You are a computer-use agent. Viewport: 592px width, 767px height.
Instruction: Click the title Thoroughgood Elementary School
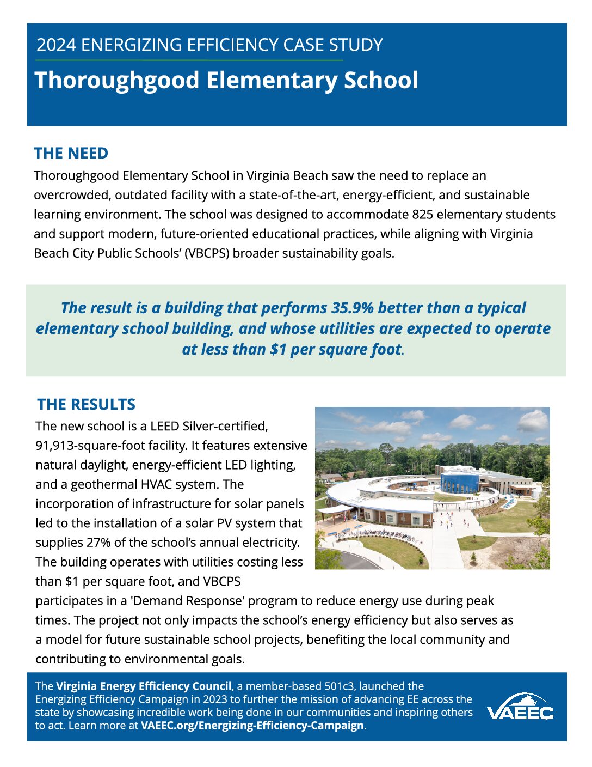pyautogui.click(x=226, y=81)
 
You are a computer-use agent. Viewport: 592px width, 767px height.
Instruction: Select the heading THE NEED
pyautogui.click(x=71, y=153)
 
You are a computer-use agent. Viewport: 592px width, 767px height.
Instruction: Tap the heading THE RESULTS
pyautogui.click(x=86, y=404)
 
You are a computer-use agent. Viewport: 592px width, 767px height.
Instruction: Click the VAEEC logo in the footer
pyautogui.click(x=520, y=708)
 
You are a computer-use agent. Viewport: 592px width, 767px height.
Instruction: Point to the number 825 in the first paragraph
pyautogui.click(x=422, y=214)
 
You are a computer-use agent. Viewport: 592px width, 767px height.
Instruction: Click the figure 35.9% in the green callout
pyautogui.click(x=353, y=308)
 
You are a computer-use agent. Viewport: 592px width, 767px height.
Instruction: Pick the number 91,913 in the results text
pyautogui.click(x=55, y=446)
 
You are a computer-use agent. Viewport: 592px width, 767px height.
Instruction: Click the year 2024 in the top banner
pyautogui.click(x=57, y=45)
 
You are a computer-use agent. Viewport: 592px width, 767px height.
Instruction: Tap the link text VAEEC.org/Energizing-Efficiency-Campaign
pyautogui.click(x=252, y=726)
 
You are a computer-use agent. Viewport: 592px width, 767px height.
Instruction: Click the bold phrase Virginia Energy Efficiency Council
pyautogui.click(x=144, y=686)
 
